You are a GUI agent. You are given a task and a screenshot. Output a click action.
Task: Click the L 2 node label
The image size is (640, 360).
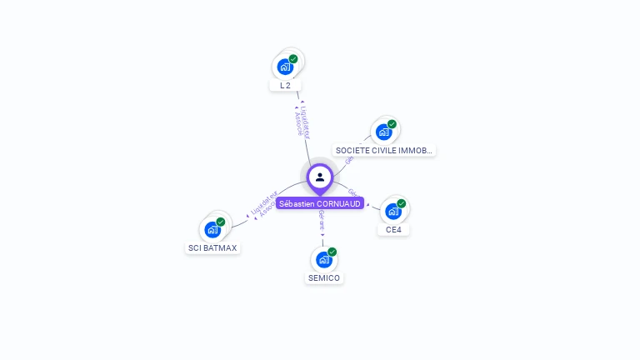point(285,85)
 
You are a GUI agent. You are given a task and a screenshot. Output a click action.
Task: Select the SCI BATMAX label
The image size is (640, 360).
point(212,247)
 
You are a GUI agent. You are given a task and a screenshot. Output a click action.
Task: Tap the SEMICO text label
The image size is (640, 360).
point(324,277)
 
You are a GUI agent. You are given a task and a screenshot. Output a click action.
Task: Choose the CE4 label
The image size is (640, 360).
point(394,229)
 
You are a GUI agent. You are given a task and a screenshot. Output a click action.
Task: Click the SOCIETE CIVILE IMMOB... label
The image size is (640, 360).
point(383,151)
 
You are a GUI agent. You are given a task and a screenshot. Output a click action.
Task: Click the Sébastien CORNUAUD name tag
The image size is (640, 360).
point(320,202)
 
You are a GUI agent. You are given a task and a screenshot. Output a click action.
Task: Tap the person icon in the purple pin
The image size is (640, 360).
point(320,177)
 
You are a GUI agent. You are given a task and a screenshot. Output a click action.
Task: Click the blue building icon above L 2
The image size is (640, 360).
point(285,67)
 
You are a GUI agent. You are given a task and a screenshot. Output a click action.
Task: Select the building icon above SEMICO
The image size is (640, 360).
point(323,259)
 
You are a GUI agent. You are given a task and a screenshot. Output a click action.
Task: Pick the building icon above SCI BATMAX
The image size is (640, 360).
point(212,229)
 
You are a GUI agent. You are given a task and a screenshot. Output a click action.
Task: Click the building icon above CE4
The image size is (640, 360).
point(393,211)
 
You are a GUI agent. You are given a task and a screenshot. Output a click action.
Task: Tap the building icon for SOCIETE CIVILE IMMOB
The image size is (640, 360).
point(383,132)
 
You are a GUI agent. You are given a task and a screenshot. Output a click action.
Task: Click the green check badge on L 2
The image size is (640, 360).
point(293,59)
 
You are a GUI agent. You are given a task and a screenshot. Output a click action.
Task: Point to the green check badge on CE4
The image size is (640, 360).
point(402,203)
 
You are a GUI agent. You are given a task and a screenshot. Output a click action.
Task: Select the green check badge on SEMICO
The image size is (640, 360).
point(332,252)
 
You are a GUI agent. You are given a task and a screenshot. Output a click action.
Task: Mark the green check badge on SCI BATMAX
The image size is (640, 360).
point(221,222)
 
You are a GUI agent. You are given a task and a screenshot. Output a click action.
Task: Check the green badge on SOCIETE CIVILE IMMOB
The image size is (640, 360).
point(392,124)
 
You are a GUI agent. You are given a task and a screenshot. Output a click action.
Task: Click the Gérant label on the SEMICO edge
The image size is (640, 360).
point(322,220)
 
